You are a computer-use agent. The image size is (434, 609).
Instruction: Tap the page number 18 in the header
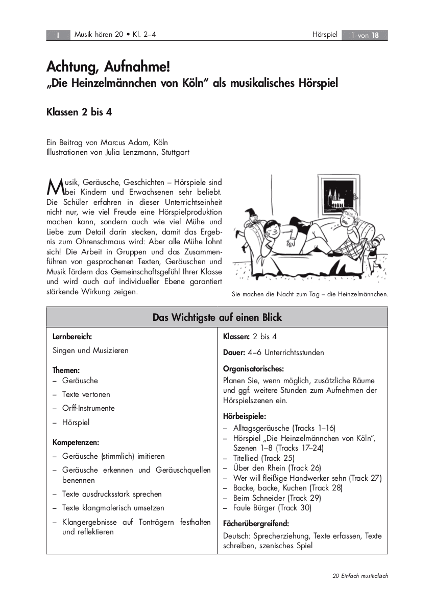375,35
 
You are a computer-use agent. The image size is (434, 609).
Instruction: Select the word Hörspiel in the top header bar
325,35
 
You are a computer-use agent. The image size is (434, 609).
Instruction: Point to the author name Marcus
115,143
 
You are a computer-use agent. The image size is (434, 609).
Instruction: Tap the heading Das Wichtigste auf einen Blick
217,317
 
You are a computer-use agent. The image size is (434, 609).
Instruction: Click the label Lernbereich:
72,337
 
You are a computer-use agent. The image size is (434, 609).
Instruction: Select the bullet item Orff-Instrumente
88,408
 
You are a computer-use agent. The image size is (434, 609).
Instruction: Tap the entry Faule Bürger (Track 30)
272,508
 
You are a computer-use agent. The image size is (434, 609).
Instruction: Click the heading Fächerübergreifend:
256,523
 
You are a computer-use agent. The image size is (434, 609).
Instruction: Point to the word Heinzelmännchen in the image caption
363,294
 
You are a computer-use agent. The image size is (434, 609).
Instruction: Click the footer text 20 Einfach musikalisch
360,576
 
